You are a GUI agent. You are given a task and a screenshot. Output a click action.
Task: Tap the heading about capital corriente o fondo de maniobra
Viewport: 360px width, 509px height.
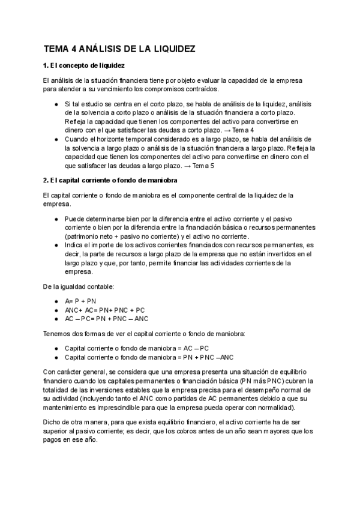(110, 181)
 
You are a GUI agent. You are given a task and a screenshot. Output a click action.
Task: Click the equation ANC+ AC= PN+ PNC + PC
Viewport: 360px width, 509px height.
(104, 310)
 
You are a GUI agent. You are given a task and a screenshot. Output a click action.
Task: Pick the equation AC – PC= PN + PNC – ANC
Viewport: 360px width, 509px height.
(106, 319)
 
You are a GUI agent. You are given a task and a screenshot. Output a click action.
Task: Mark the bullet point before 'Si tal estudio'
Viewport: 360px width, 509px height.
(55, 104)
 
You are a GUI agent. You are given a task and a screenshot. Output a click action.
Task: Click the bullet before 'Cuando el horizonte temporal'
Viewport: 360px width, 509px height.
(55, 139)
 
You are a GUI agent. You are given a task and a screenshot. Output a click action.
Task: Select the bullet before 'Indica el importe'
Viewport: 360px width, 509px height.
(55, 245)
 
